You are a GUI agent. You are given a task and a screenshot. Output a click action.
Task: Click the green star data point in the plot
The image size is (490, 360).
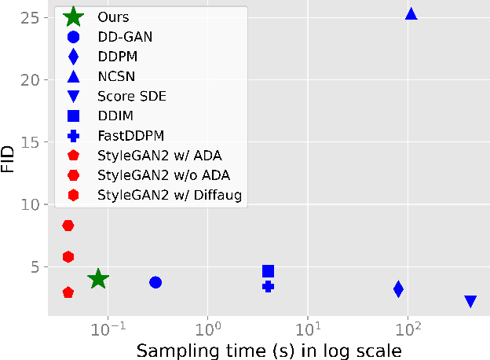[97, 278]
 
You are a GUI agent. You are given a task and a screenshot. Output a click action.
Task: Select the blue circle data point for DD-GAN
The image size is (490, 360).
[155, 282]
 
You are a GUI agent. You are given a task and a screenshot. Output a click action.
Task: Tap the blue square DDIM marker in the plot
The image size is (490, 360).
[268, 271]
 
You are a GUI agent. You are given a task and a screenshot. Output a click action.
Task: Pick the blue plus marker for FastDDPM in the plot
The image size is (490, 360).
[268, 286]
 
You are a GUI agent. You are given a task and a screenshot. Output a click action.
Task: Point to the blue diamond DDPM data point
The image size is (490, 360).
[398, 288]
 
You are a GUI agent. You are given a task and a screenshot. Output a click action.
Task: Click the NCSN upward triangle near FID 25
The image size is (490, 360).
[411, 14]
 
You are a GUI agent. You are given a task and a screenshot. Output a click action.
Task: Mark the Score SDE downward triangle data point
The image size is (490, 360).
[470, 301]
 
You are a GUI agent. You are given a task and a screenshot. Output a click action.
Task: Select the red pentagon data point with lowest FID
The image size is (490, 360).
[68, 292]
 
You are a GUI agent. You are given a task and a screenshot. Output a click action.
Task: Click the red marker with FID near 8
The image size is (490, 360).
[68, 226]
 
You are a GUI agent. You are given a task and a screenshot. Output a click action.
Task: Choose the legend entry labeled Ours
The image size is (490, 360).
[115, 17]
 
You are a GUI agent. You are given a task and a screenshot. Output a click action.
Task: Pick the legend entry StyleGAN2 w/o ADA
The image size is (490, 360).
[163, 174]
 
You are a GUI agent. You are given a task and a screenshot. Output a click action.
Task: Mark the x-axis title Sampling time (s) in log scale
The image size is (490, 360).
[269, 349]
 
